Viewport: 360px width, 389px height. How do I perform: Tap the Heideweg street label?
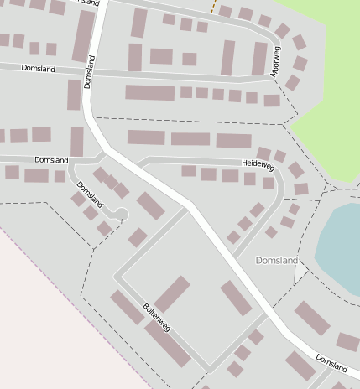tap(258, 166)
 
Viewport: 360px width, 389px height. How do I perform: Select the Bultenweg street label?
tap(157, 318)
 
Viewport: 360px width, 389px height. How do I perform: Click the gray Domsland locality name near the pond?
tap(276, 261)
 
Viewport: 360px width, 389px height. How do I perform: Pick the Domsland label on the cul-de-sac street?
tap(90, 194)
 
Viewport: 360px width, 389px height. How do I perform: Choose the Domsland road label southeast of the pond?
tap(331, 362)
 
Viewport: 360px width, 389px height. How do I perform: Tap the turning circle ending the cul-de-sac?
tap(121, 215)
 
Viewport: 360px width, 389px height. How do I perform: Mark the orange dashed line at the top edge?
tap(215, 8)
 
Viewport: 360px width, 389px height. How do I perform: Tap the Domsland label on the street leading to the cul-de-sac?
tap(50, 159)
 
